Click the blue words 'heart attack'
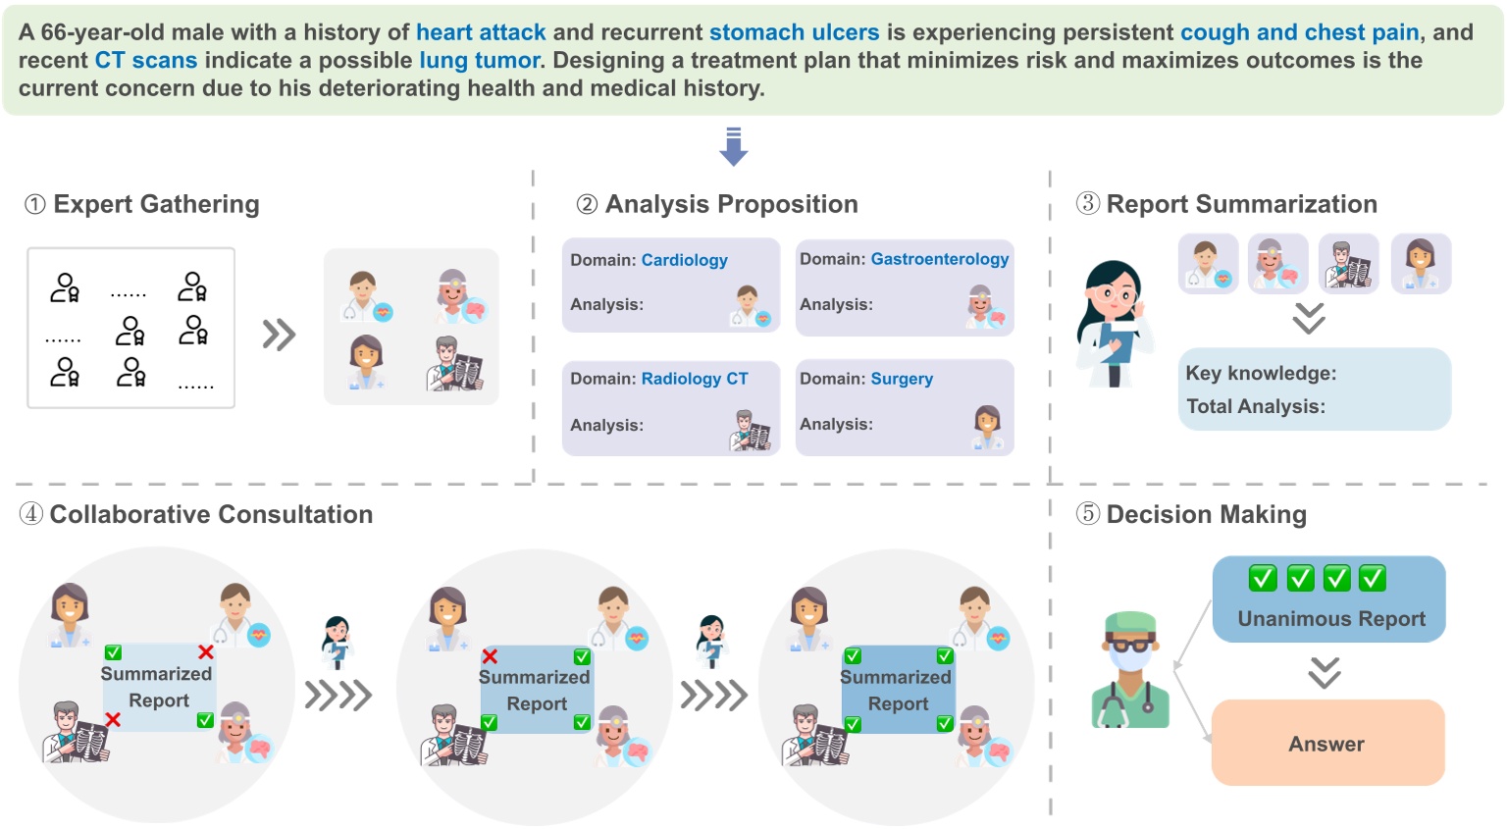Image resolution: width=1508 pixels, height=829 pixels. click(481, 32)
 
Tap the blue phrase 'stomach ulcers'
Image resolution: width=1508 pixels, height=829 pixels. click(794, 32)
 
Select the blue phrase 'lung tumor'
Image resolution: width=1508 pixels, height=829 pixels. click(480, 61)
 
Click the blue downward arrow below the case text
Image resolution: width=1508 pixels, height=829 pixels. click(733, 146)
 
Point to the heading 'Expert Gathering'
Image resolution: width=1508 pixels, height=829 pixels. click(156, 204)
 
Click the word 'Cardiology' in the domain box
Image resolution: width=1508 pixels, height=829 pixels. click(684, 260)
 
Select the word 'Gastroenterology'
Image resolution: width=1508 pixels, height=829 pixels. click(939, 259)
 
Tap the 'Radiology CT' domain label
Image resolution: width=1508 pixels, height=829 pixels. click(694, 379)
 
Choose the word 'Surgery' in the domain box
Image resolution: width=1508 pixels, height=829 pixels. click(901, 379)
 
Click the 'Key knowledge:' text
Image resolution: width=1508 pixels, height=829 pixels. click(1261, 374)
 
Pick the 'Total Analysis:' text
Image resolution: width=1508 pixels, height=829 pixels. click(1255, 406)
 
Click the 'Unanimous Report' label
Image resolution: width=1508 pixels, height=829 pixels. click(1330, 619)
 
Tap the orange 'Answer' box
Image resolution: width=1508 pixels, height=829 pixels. click(1326, 744)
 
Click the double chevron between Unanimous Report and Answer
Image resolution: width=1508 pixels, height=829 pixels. click(1325, 672)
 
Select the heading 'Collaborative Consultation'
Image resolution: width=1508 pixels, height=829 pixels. click(211, 515)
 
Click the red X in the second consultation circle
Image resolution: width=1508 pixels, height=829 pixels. click(490, 656)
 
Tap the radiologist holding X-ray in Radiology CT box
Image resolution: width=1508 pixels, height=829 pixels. click(751, 431)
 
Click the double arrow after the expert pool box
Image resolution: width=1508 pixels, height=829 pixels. click(279, 335)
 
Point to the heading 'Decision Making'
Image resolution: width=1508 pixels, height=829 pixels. click(1206, 515)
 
